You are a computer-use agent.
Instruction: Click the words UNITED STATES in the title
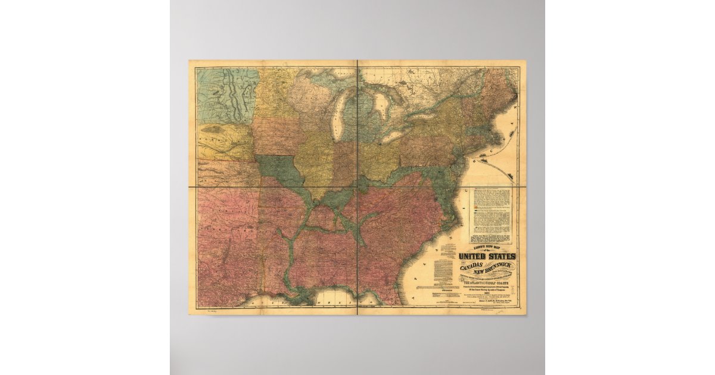[487, 257]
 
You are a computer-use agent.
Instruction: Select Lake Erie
[411, 135]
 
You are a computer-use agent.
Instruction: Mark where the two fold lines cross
[357, 187]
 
